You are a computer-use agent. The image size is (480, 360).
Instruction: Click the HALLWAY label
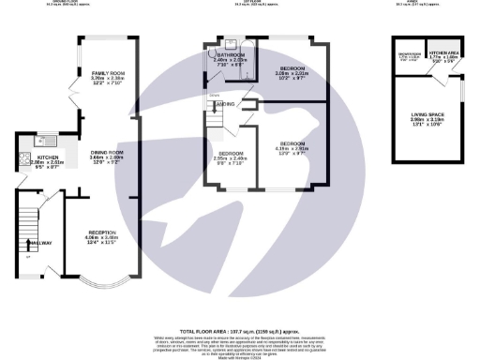(39, 242)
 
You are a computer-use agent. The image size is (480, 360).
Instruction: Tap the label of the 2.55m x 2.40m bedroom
(232, 155)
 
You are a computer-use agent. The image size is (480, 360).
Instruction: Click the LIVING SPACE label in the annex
(425, 115)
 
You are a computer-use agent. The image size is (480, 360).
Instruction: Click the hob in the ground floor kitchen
(21, 162)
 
